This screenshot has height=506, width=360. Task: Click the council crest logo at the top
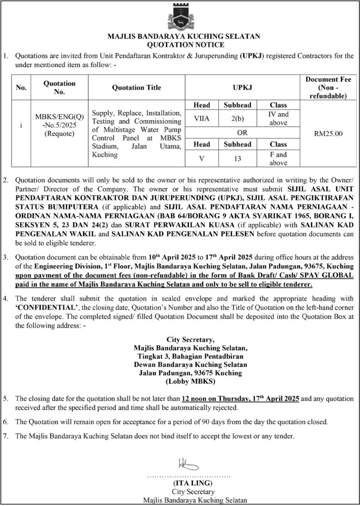coord(180,16)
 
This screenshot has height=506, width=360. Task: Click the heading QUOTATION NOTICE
coord(180,45)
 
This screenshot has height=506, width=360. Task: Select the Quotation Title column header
coord(136,88)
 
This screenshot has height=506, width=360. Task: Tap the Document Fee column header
coord(328,88)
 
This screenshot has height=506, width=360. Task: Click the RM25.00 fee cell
coord(328,134)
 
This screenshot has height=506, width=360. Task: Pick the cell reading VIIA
coord(202,119)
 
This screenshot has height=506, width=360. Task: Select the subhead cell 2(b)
coord(237,119)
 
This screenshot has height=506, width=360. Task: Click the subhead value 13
coord(237,158)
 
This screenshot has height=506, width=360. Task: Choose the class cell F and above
coord(278,158)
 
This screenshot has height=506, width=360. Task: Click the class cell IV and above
coord(278,119)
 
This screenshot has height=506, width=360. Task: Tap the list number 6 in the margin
coord(6,422)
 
